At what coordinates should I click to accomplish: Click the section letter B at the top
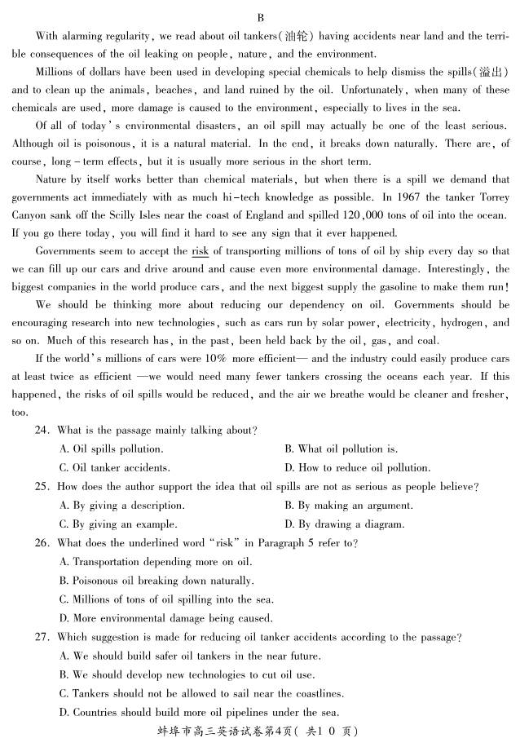point(260,17)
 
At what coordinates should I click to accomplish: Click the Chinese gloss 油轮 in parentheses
point(292,36)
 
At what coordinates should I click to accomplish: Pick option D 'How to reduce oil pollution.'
point(358,468)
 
